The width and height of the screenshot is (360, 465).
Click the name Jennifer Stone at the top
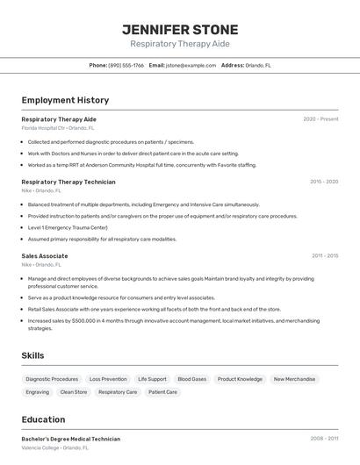[x=179, y=29]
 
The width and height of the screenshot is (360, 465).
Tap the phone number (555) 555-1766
[x=126, y=65]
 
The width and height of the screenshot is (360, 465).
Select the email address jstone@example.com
[x=191, y=65]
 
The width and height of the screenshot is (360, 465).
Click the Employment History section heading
[x=65, y=100]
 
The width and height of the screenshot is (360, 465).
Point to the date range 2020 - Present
[x=320, y=118]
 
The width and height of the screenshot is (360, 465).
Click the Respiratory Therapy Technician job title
[x=68, y=182]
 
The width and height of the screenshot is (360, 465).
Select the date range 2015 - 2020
[x=324, y=182]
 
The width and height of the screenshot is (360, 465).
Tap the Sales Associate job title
[x=45, y=256]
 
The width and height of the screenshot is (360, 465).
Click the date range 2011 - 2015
[x=325, y=256]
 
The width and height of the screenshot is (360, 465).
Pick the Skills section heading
[x=33, y=355]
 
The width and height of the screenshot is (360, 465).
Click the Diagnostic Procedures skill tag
[x=52, y=379]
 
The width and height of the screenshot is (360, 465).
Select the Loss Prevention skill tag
[x=108, y=379]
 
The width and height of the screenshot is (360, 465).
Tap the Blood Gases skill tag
[x=191, y=379]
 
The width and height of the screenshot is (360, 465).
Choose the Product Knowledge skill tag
[x=240, y=379]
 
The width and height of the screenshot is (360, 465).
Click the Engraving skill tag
[x=38, y=392]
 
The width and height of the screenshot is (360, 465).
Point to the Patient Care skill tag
[x=162, y=392]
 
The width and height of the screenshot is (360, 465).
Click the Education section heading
[x=43, y=419]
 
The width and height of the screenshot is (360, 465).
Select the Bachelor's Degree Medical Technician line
[x=70, y=439]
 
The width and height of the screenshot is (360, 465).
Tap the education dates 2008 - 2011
[x=324, y=439]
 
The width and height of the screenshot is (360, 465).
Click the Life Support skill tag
[x=152, y=379]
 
